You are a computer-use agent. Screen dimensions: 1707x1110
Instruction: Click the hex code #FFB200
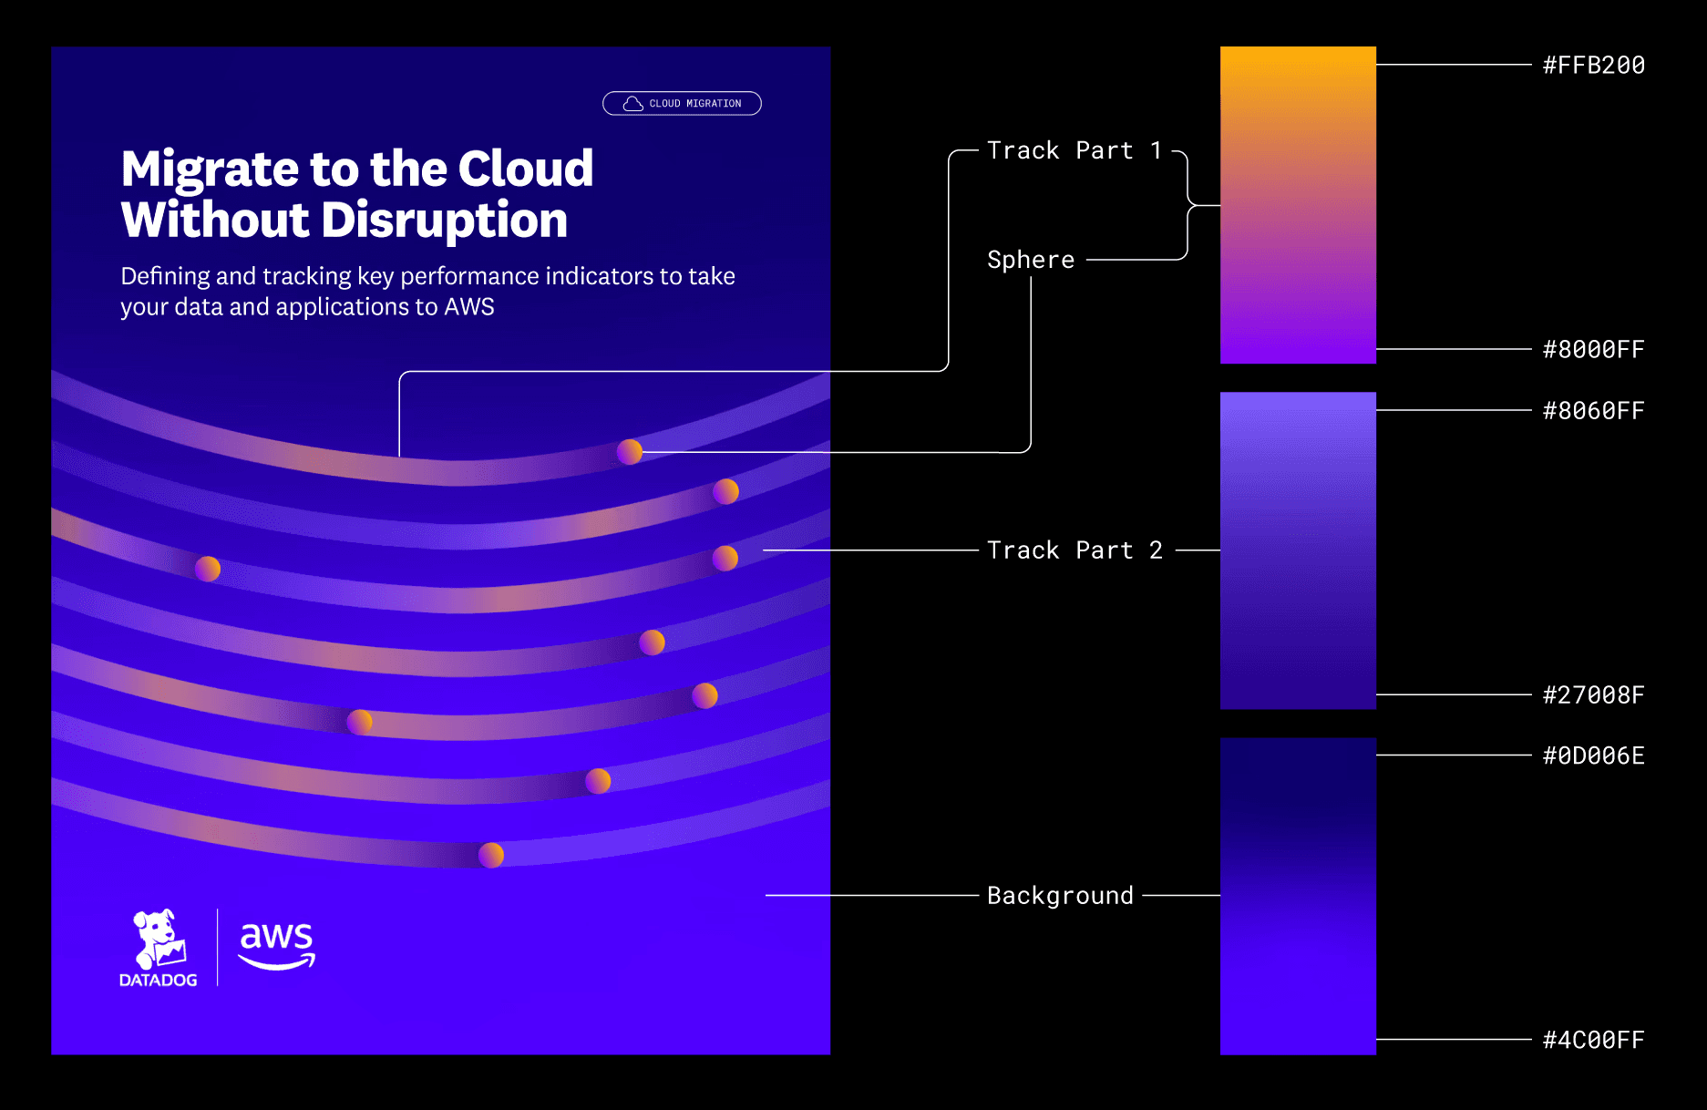(x=1593, y=66)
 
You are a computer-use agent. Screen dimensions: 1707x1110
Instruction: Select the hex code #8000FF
(x=1593, y=350)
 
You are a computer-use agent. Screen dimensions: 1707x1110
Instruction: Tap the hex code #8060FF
(x=1593, y=411)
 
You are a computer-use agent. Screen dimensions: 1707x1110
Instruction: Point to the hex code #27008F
(x=1593, y=695)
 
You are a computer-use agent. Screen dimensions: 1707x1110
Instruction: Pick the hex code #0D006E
(x=1593, y=756)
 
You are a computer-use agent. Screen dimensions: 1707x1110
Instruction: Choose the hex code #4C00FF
(x=1593, y=1040)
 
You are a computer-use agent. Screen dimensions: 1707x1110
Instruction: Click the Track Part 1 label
(x=1075, y=150)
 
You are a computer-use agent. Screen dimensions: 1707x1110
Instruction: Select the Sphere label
(x=1031, y=260)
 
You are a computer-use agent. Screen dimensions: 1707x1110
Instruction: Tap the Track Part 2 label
(x=1075, y=550)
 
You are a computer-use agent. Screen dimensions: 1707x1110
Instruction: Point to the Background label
(x=1060, y=896)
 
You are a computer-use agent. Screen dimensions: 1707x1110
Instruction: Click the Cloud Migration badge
(x=682, y=104)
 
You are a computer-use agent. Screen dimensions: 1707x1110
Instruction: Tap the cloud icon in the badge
(x=632, y=104)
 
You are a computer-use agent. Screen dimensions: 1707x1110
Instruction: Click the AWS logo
(x=276, y=945)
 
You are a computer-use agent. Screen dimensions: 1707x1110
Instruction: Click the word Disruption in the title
(x=444, y=221)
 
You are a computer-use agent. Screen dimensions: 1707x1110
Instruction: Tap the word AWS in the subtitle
(x=469, y=307)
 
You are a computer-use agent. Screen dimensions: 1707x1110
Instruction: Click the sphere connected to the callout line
(x=630, y=451)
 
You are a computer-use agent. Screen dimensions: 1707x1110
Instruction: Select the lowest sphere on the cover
(x=491, y=855)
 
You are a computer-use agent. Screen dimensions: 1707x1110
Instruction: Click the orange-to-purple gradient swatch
(x=1298, y=205)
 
